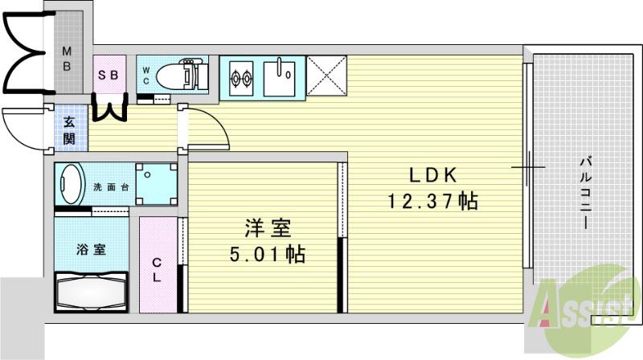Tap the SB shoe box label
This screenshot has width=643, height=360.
pyautogui.click(x=109, y=75)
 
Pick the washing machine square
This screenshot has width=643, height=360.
pyautogui.click(x=156, y=185)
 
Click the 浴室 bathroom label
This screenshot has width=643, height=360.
pyautogui.click(x=91, y=250)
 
